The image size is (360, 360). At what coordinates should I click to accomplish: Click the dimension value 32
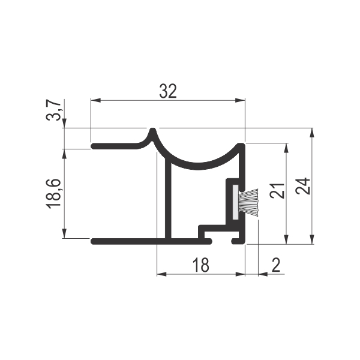[168, 91]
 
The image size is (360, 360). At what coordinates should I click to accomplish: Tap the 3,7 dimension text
[54, 110]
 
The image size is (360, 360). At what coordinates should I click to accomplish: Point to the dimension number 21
[277, 191]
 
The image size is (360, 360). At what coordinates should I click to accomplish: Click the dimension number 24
[303, 186]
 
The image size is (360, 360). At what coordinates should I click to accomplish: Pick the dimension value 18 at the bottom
[200, 265]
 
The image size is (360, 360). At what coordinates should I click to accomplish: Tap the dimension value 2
[276, 265]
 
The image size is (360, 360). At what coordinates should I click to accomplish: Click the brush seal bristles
[248, 202]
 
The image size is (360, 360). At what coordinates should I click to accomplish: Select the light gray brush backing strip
[236, 202]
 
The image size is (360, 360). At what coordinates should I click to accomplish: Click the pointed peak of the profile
[152, 129]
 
